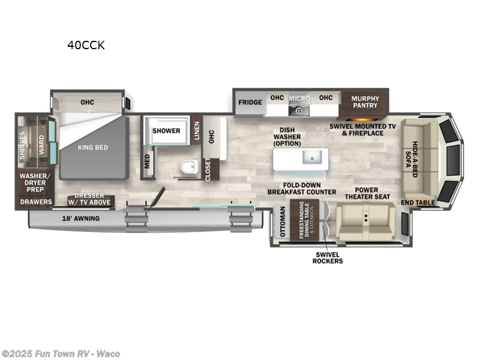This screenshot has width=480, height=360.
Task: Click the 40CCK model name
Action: click(x=86, y=45)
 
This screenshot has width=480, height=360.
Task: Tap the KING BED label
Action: click(x=93, y=147)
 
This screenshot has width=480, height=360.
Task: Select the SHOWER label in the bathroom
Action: click(x=166, y=131)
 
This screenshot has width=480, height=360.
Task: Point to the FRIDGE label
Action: click(x=250, y=102)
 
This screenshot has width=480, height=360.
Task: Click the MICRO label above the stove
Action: click(x=299, y=98)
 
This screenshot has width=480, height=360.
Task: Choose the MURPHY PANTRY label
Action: click(x=365, y=101)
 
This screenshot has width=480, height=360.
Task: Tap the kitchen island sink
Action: click(x=312, y=157)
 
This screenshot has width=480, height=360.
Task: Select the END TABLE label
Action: click(x=418, y=203)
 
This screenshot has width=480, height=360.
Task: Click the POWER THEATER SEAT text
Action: click(x=368, y=193)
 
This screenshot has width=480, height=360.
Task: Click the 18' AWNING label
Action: click(x=80, y=218)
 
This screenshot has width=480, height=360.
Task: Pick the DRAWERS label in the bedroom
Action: click(x=34, y=202)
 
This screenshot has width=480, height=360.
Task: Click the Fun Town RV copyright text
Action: click(x=61, y=353)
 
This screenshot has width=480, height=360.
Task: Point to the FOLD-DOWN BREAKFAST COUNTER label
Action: click(x=301, y=188)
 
